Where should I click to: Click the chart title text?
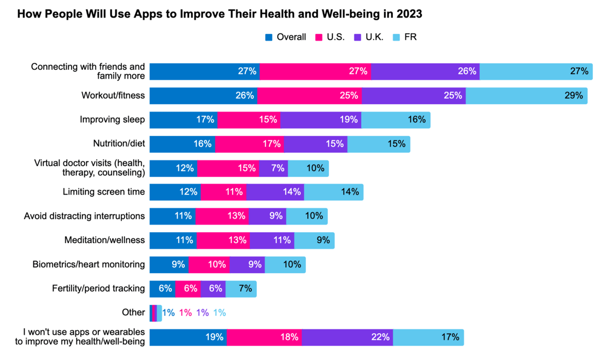click(219, 14)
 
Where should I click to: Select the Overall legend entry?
click(286, 37)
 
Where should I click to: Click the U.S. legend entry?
click(330, 37)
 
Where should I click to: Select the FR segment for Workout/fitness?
click(526, 96)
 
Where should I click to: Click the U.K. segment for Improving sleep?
click(321, 120)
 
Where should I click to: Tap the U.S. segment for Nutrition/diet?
click(249, 144)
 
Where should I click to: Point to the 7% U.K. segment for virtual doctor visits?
click(273, 168)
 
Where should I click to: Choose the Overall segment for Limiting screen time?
click(175, 192)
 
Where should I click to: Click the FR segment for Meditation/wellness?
click(314, 240)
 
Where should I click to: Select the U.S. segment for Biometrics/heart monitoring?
click(209, 264)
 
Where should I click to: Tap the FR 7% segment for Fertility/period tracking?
click(240, 288)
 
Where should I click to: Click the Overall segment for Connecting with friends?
click(204, 71)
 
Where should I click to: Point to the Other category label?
click(133, 312)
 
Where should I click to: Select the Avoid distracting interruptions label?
click(85, 216)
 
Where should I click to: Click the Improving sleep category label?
click(113, 120)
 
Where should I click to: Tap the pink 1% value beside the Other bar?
click(185, 312)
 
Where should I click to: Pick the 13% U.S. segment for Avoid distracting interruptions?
click(222, 216)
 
